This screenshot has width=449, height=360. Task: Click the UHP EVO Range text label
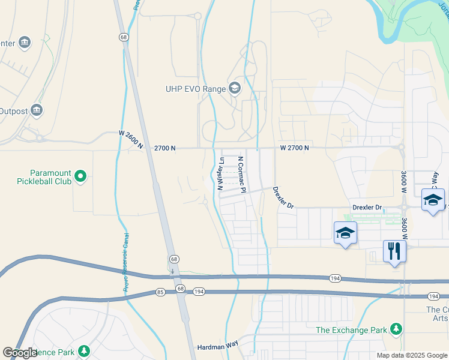click(196, 89)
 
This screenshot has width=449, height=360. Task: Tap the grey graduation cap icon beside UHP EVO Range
click(234, 89)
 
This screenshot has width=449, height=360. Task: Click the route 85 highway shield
click(159, 292)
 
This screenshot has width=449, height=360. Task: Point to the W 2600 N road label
click(131, 140)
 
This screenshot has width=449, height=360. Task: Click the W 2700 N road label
click(294, 148)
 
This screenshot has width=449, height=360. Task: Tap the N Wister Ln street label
click(221, 174)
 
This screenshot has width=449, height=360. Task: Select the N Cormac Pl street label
click(242, 175)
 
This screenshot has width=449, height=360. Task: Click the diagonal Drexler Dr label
click(283, 197)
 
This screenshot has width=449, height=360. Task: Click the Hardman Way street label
click(217, 347)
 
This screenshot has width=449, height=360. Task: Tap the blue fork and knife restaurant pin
click(394, 251)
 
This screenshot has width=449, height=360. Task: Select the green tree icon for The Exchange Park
click(396, 329)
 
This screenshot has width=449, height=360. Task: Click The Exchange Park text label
click(352, 329)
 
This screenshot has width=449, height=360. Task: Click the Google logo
click(21, 353)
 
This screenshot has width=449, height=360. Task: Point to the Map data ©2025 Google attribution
click(411, 355)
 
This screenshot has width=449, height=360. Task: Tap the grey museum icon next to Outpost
click(37, 110)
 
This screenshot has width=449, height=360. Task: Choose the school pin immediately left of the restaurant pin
click(345, 233)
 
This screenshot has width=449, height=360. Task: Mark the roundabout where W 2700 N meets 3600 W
click(400, 147)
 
